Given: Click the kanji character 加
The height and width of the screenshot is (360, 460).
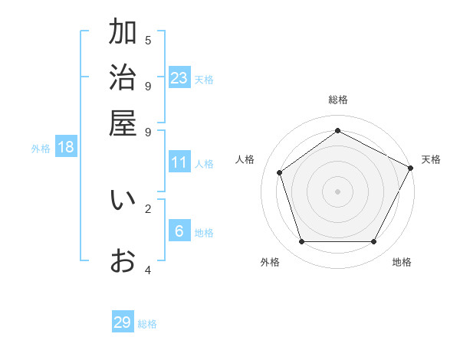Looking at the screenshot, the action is (123, 33).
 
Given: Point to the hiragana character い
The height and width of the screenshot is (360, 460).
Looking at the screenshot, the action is (123, 200).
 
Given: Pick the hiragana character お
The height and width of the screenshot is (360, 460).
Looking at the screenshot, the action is (123, 261).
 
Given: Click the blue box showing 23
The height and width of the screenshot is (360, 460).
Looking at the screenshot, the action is (179, 77).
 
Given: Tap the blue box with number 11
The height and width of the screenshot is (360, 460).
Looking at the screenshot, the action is (179, 162).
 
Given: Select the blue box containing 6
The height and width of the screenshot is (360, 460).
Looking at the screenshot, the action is (179, 231).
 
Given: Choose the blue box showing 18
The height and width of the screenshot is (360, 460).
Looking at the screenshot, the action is (66, 147).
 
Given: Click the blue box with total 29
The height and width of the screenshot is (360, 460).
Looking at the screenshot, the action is (123, 322).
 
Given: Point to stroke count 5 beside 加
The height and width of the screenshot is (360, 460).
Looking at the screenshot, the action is (148, 40).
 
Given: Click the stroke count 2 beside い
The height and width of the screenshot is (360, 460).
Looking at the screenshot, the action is (148, 208).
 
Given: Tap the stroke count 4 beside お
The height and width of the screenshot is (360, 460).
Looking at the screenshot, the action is (148, 270).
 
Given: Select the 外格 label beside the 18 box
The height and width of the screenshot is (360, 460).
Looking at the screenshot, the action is (41, 149).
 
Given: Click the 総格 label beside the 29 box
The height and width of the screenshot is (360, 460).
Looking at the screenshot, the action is (148, 324).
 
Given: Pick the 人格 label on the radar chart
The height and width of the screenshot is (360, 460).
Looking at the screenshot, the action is (245, 159).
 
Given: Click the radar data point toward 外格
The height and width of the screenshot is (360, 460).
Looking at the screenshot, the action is (301, 242).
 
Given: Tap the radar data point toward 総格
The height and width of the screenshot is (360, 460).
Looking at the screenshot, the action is (337, 130).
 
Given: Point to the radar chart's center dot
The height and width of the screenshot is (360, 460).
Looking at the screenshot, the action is (337, 191).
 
